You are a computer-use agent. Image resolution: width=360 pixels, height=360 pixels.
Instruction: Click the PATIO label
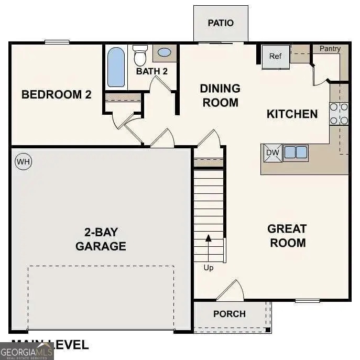221,23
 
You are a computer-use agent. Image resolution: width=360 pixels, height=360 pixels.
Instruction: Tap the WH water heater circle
23,162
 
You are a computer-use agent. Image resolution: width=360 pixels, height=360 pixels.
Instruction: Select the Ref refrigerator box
276,57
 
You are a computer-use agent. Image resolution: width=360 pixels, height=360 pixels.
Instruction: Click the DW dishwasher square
272,152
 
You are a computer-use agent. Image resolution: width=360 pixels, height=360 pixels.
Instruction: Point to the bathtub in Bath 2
116,67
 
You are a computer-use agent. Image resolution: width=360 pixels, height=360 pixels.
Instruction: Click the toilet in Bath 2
140,54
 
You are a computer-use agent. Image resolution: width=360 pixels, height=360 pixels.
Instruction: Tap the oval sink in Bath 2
165,52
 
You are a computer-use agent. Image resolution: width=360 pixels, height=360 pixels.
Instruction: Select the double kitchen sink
296,152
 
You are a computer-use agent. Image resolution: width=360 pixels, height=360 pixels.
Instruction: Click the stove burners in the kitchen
339,114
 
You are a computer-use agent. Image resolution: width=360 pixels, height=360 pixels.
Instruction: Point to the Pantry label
330,49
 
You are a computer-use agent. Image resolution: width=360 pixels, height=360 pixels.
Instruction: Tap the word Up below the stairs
209,268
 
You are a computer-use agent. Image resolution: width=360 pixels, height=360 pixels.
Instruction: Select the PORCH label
230,314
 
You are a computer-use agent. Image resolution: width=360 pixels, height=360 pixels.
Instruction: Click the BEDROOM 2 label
57,95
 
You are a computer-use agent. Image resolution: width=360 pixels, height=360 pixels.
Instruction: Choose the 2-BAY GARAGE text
101,239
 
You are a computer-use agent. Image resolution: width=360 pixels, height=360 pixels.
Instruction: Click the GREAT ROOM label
287,236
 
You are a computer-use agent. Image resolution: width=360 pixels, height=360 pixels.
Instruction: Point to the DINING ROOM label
220,95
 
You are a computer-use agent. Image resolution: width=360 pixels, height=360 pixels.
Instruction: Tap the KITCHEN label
292,114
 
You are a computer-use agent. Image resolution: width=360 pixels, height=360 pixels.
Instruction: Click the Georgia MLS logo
26,351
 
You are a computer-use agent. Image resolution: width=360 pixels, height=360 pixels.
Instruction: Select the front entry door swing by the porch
231,291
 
